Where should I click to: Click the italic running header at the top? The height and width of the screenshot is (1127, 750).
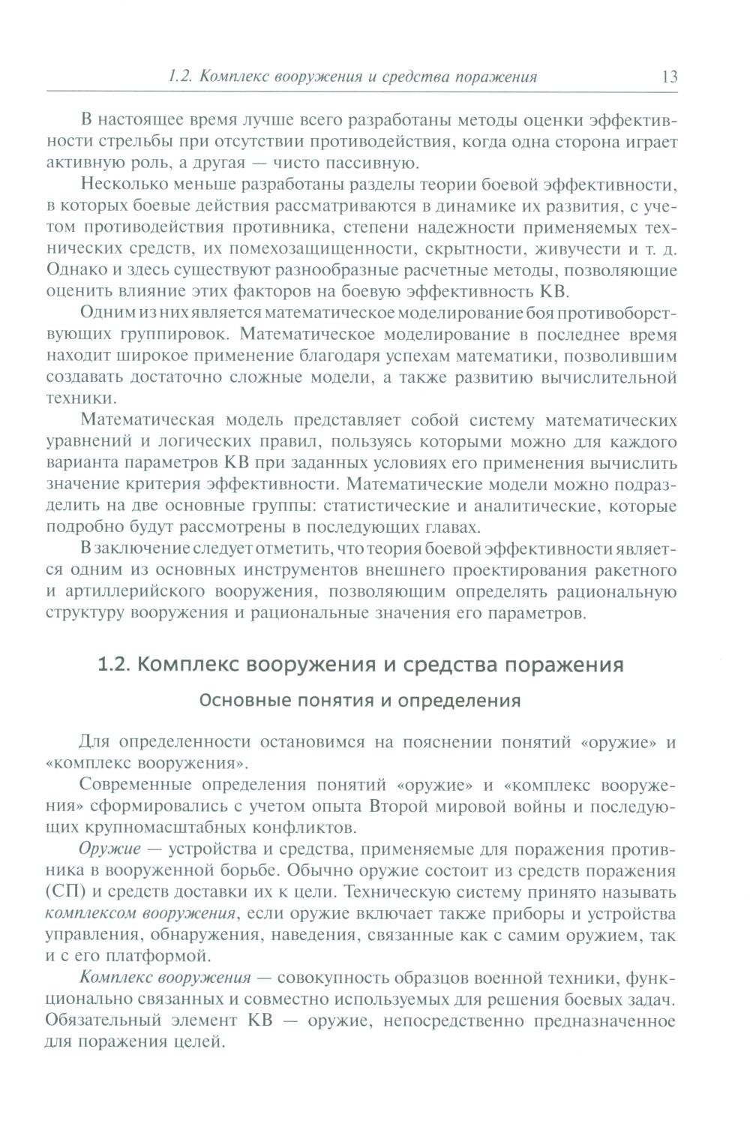click(352, 77)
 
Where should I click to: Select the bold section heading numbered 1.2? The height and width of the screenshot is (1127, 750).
click(361, 665)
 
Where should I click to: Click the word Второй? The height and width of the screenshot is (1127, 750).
click(402, 807)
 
